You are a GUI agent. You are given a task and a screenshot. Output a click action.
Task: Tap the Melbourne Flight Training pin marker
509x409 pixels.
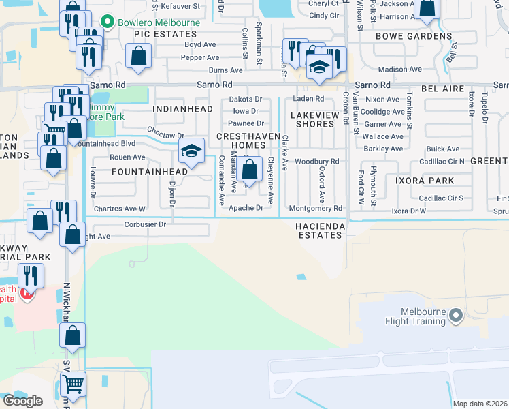coord(456,315)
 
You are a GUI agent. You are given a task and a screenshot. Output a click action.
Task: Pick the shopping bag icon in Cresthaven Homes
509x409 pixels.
coord(250,169)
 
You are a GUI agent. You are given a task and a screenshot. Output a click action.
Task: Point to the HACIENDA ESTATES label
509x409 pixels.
coord(318,230)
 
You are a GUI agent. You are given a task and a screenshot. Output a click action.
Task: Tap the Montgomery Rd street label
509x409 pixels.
coord(314,209)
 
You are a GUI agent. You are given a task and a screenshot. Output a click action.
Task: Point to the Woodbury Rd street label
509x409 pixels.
coord(317,161)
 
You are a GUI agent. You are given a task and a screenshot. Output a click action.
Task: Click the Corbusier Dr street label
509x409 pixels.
coord(145,224)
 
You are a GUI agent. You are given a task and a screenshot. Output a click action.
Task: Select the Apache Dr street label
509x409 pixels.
coord(246,208)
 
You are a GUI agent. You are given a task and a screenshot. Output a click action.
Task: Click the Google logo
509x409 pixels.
coord(22,401)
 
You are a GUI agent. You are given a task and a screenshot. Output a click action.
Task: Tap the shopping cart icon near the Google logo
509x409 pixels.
coord(73,384)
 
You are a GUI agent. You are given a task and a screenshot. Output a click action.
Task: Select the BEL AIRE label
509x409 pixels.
coord(443,89)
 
